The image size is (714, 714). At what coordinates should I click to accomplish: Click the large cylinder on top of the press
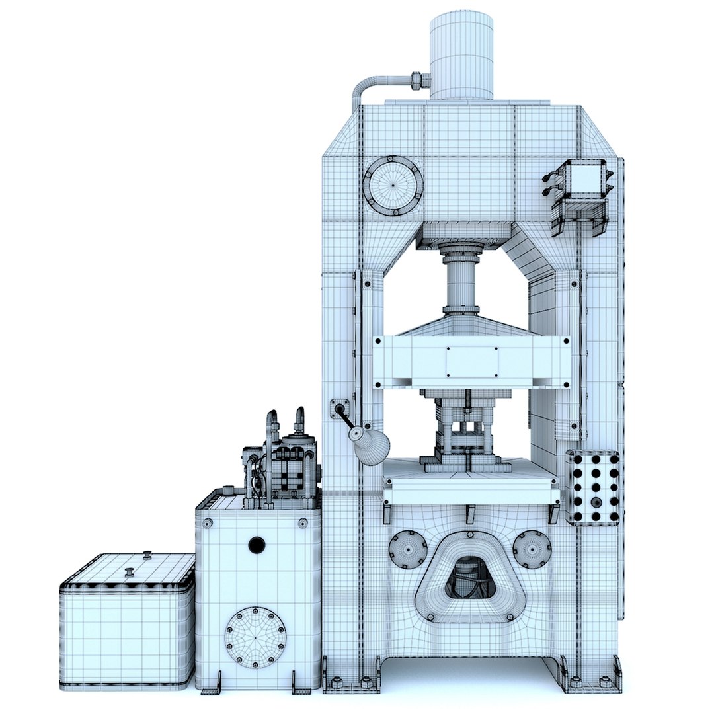click(461, 56)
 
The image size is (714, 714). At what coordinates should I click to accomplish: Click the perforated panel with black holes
click(593, 488)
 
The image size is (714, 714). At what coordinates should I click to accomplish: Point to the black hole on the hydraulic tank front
click(257, 545)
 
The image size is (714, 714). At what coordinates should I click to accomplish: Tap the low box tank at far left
click(128, 621)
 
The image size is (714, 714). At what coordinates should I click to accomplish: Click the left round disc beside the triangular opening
click(407, 549)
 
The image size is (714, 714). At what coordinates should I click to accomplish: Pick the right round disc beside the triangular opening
click(532, 548)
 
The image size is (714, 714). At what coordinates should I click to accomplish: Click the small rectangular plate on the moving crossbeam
click(472, 362)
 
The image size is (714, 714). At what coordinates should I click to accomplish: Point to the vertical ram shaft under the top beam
click(461, 281)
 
